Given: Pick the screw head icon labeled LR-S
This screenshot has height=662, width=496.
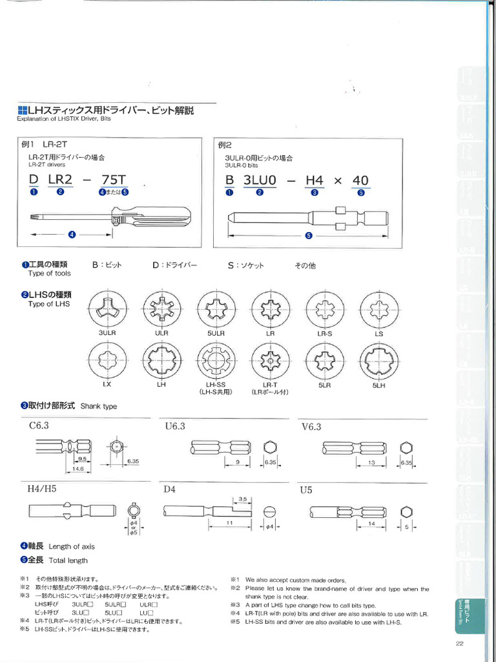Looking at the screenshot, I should click(x=324, y=308).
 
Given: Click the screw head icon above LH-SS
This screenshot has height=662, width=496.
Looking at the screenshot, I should click(x=215, y=360).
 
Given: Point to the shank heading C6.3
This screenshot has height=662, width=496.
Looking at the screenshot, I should click(x=39, y=425).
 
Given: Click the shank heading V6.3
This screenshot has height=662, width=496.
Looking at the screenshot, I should click(x=311, y=427).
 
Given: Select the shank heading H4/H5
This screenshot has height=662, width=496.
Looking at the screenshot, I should click(x=42, y=489).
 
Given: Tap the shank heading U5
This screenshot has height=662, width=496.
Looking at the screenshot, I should click(x=306, y=490).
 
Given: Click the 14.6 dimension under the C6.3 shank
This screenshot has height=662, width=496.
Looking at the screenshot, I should click(x=77, y=468).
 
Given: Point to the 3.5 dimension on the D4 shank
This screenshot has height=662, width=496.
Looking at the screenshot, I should click(x=243, y=499).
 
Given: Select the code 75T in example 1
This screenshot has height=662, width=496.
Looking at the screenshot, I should click(x=114, y=180).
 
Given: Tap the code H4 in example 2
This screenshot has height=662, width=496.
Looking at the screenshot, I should click(x=314, y=180).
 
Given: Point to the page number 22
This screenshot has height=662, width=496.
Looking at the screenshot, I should click(x=460, y=643).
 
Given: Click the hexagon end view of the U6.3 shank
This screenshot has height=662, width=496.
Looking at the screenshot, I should click(x=270, y=447).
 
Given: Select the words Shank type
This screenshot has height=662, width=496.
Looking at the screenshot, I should click(x=99, y=407).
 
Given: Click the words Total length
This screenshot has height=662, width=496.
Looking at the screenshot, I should click(x=68, y=561).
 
